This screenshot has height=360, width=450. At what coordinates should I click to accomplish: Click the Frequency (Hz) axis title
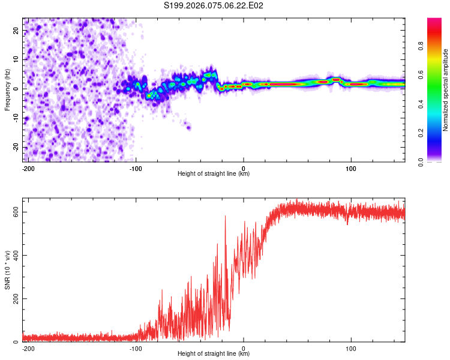tap(7, 89)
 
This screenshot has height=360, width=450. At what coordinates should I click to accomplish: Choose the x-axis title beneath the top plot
tap(214, 174)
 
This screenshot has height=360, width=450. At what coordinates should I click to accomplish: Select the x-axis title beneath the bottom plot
tap(214, 354)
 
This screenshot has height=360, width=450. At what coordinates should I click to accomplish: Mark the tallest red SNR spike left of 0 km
tap(226, 216)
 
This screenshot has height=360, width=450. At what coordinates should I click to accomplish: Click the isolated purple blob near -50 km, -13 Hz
tap(188, 127)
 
